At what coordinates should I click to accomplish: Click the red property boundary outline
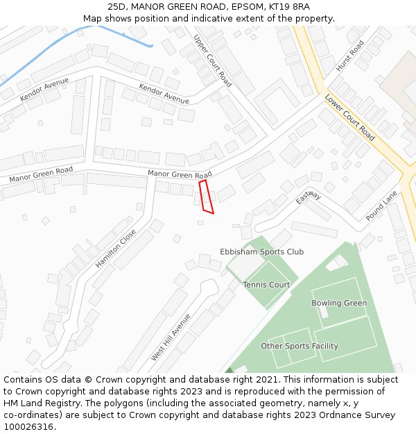(206, 197)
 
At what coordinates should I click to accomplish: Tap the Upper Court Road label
(213, 60)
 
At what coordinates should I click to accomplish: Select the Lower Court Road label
(349, 117)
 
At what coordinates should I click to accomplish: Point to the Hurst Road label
(350, 56)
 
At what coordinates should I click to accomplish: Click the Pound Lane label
(382, 206)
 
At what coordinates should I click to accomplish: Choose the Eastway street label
(309, 198)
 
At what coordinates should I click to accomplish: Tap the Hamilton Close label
(116, 248)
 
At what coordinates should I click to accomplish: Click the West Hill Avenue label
(171, 337)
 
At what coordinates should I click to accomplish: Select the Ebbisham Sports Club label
(261, 251)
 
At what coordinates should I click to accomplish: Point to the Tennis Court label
(266, 285)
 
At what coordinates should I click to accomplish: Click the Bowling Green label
(339, 303)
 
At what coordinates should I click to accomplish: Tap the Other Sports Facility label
(300, 346)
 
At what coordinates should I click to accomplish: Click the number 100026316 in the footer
(28, 427)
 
